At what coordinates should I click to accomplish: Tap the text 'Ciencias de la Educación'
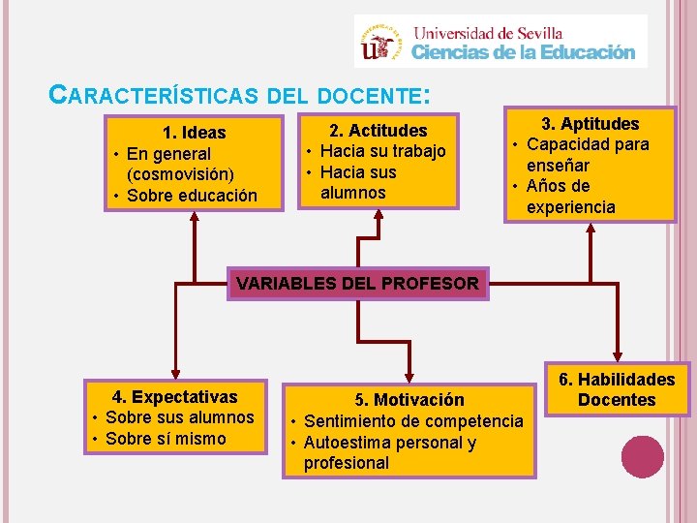click(524, 53)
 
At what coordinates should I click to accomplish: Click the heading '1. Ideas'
click(195, 133)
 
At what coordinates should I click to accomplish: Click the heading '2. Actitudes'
click(378, 130)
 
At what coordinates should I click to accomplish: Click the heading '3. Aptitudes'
click(590, 124)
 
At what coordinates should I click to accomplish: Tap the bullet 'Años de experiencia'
click(571, 197)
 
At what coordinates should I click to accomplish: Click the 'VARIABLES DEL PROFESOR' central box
click(357, 284)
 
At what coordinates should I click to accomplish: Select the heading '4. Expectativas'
click(175, 396)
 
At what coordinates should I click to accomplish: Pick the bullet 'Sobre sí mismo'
click(165, 439)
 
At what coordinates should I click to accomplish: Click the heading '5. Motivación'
click(409, 400)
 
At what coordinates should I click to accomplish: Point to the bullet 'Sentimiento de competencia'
click(413, 421)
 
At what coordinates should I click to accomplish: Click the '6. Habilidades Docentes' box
click(617, 390)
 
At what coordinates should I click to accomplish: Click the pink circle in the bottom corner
click(643, 456)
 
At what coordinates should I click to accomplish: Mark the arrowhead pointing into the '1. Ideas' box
click(196, 217)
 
